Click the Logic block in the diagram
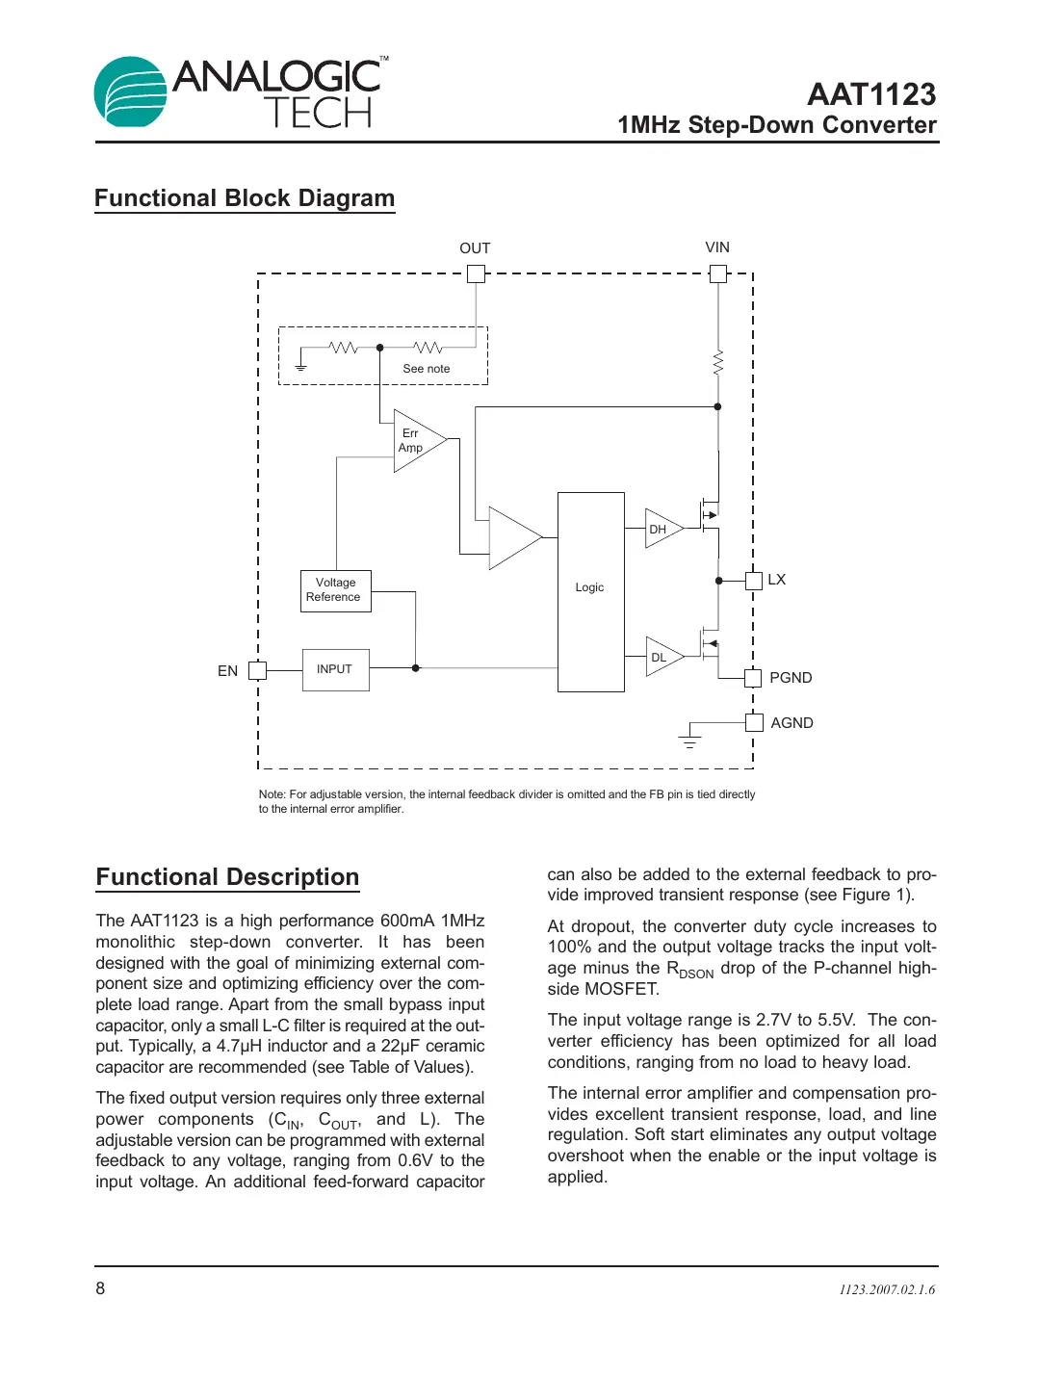[x=590, y=591]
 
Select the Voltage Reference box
[x=335, y=590]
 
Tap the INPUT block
[x=335, y=669]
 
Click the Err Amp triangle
[x=416, y=441]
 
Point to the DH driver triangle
[x=662, y=529]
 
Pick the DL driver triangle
[x=662, y=657]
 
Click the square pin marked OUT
[x=476, y=273]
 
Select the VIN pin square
[x=717, y=273]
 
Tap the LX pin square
[x=754, y=580]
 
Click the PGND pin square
[x=754, y=678]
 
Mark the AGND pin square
[x=754, y=722]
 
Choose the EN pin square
[x=257, y=670]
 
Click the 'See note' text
[x=426, y=369]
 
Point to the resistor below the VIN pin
[x=717, y=364]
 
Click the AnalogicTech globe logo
[x=131, y=91]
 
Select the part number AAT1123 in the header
[x=870, y=94]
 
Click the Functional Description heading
[x=227, y=877]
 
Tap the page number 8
[x=100, y=1288]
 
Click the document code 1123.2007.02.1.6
[x=886, y=1289]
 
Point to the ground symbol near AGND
[x=689, y=739]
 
